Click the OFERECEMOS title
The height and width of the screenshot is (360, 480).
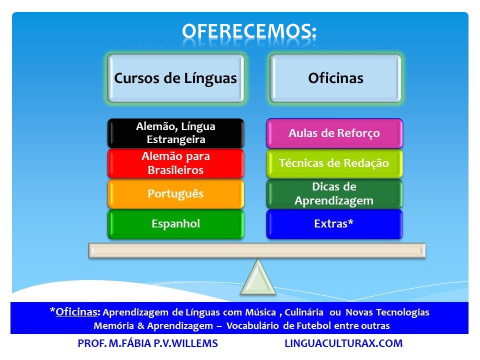tap(249, 31)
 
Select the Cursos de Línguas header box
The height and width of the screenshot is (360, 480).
tap(175, 78)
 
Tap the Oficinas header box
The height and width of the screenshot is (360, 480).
tap(335, 78)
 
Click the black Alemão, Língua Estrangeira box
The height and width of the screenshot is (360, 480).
tap(175, 133)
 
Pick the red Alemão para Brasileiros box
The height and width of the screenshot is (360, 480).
tap(175, 163)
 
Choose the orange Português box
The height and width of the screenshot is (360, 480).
tap(175, 193)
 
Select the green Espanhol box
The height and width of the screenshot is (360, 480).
tap(175, 224)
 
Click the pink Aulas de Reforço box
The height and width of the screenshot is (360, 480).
tap(334, 133)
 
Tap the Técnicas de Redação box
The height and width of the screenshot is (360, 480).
tap(334, 163)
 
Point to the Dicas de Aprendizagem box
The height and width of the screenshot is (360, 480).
tap(334, 193)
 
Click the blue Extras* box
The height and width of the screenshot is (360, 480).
tap(334, 224)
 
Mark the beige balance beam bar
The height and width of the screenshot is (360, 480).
tap(257, 250)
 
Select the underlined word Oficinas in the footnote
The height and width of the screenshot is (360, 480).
tap(76, 312)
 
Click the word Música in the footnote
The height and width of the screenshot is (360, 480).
tap(260, 312)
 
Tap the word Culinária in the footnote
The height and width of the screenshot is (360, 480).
tap(303, 312)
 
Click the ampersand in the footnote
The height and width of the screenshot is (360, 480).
tap(141, 325)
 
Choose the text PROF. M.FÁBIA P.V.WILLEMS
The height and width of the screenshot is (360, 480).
tap(148, 343)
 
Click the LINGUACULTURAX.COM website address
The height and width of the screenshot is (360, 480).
tap(343, 343)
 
